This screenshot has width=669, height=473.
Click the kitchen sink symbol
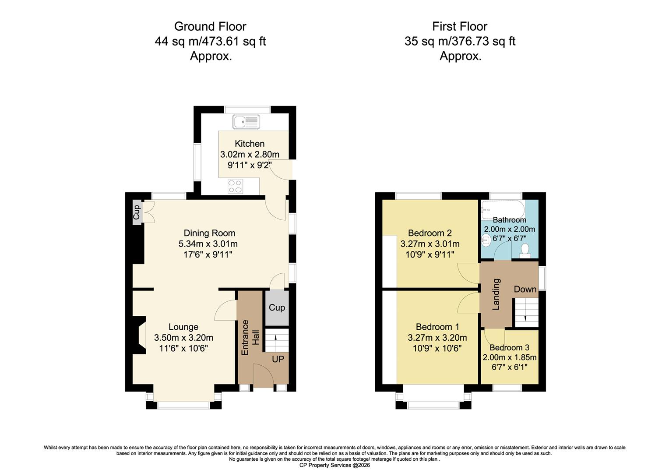point(246,122)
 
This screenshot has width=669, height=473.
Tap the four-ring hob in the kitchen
point(235,187)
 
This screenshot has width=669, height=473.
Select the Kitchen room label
point(250,144)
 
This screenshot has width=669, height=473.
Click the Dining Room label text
point(209,233)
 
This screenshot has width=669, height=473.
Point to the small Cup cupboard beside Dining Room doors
point(137,212)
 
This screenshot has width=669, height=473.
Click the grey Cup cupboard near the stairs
point(277,308)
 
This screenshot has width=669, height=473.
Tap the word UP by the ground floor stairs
point(278,359)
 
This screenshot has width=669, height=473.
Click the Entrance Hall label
point(250,337)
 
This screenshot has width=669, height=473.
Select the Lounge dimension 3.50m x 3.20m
point(183,338)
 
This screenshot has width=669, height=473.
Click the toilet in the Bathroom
point(525,251)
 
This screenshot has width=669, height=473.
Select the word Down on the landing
point(525,289)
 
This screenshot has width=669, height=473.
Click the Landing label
point(496,294)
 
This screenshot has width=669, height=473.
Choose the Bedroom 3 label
point(510,348)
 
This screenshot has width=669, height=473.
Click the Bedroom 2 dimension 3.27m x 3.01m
point(430,244)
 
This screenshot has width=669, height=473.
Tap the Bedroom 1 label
point(437,327)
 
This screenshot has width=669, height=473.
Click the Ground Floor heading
point(210,27)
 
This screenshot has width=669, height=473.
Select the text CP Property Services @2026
point(334,465)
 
